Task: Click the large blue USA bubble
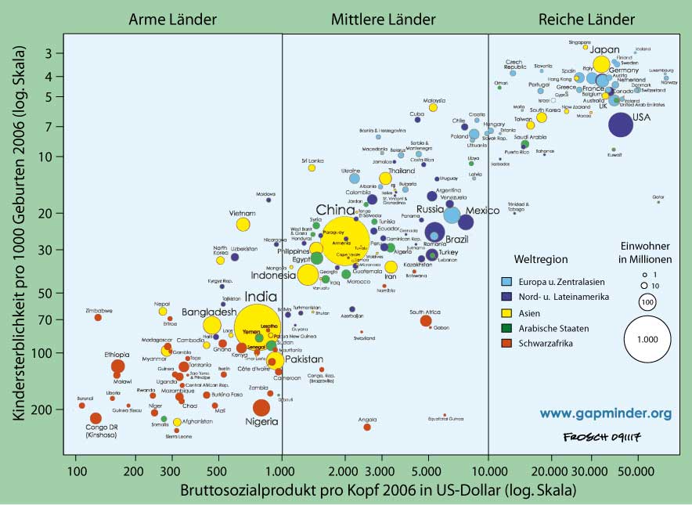620,124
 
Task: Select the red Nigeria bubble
261,407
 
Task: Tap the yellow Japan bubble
601,65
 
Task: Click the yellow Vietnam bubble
243,225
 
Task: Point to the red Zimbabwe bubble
98,317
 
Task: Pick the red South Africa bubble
426,320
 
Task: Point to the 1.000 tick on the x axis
281,472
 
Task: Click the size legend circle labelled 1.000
647,339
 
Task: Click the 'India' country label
261,297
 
